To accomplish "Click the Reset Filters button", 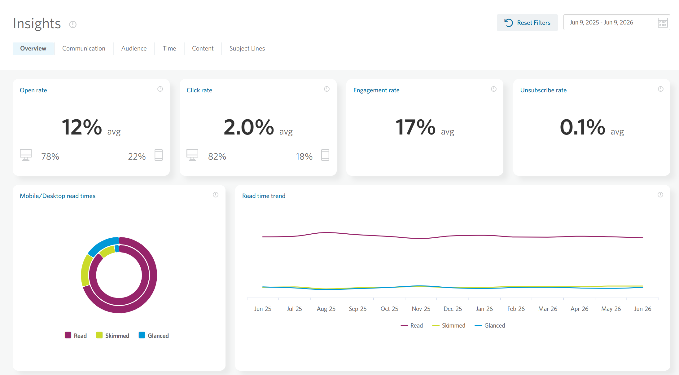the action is coord(527,23).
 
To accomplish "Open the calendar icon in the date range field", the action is coord(663,23).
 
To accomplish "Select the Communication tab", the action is coord(84,48).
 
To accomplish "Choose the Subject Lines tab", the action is coord(247,48).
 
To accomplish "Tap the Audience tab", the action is coord(134,48).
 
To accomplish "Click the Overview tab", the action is coord(33,48).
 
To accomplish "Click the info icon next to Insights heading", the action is coord(73,24).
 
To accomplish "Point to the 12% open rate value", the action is coord(82,127).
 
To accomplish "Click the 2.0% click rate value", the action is coord(249,127).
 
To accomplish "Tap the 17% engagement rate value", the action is coord(415,127).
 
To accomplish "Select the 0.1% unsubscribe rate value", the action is coord(582,127).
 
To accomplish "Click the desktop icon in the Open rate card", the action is coord(26,155).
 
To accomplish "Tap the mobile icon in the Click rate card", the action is coord(325,155).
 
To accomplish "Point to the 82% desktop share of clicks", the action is coord(217,157).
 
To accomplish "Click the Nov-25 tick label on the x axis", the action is coord(421,309).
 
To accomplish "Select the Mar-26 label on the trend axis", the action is coord(548,309).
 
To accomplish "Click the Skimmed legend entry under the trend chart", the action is coord(449,325).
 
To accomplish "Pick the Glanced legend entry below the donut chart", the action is coord(154,335).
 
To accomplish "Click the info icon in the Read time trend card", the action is coord(660,195).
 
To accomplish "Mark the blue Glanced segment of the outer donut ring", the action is coord(102,244).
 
